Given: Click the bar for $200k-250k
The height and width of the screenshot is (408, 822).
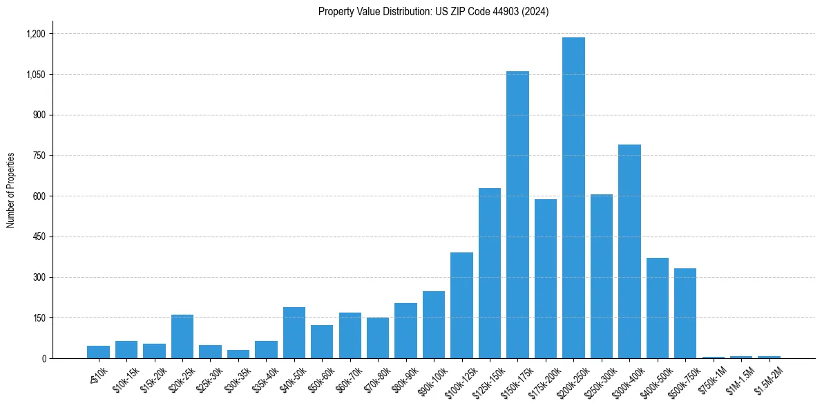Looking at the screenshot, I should click(573, 198).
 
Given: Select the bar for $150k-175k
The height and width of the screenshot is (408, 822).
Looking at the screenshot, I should click(517, 214).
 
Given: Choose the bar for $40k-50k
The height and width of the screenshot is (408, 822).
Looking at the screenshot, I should click(294, 333).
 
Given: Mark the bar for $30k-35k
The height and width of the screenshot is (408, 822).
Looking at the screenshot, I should click(238, 354).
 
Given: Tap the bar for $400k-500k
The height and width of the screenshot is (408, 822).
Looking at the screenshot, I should click(658, 308).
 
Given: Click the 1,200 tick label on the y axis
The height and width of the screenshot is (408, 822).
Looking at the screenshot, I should click(36, 34).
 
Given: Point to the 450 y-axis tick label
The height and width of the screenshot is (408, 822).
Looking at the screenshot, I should click(39, 237).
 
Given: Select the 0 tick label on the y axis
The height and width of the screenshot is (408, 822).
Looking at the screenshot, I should click(43, 359).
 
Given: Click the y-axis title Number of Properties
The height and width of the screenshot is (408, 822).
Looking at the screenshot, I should click(11, 189).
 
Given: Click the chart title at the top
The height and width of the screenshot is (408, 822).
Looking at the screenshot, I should click(433, 12).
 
